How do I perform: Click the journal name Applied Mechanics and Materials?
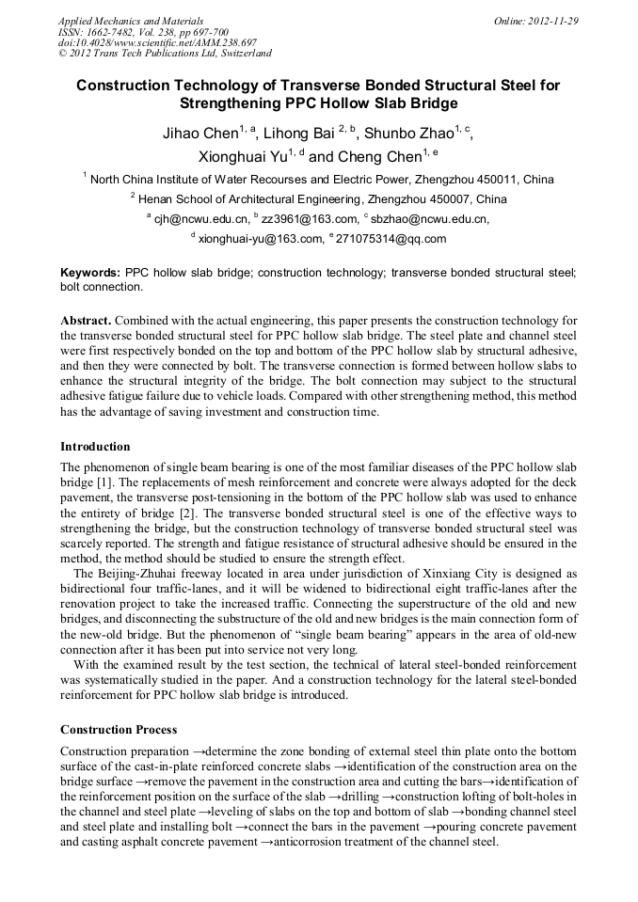tap(131, 20)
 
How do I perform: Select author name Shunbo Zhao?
tap(407, 135)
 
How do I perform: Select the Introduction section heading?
tap(95, 446)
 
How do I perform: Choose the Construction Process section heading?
tap(119, 729)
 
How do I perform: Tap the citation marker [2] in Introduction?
tap(189, 514)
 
